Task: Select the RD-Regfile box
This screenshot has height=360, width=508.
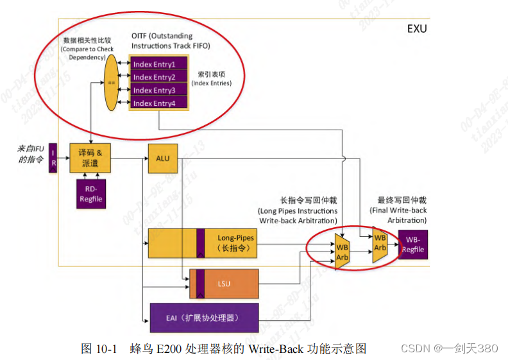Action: click(x=90, y=194)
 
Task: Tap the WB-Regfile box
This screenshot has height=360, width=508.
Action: click(x=413, y=244)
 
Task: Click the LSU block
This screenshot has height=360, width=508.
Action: click(x=224, y=284)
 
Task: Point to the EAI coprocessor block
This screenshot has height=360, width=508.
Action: click(x=204, y=317)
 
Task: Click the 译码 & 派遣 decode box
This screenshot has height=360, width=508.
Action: click(x=90, y=158)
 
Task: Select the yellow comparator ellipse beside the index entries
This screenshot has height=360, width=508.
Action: click(x=111, y=83)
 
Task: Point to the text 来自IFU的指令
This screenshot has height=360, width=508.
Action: click(x=30, y=154)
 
